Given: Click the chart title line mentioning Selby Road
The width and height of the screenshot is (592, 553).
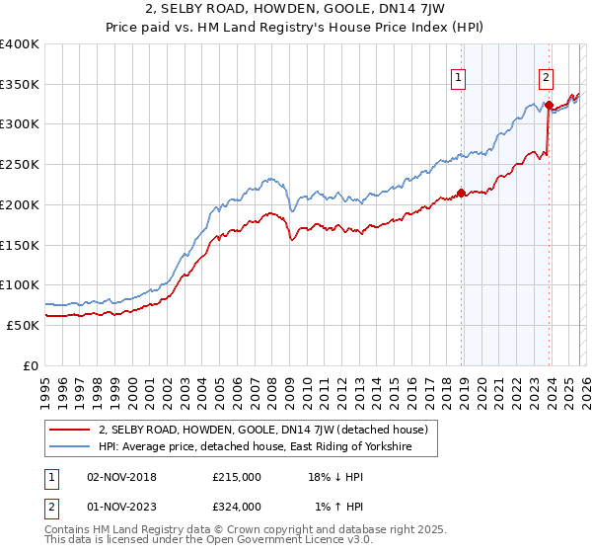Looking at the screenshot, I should pos(296,11).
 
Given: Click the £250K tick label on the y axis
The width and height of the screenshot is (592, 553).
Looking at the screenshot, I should pos(20,164).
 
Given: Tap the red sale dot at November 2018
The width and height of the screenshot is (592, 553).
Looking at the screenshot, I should pos(461,193).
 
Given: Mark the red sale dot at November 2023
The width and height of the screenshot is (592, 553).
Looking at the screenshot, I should pos(548,105).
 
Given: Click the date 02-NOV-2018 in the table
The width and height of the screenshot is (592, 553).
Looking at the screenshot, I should pos(121,477).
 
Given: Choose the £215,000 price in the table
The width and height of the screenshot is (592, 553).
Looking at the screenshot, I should pos(237,477).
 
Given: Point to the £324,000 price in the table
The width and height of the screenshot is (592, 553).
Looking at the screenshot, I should pos(237,507).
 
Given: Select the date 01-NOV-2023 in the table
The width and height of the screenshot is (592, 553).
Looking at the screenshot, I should pos(121,507).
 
